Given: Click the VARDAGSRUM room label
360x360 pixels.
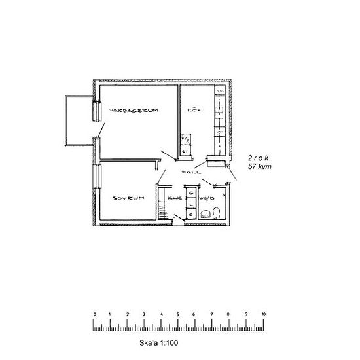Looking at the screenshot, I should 135,109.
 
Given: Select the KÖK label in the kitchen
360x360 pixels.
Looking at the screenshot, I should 195,110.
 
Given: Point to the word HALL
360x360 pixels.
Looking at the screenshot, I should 190,173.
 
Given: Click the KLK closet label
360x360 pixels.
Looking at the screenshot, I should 174,197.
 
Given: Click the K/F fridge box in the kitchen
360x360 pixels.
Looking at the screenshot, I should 185,140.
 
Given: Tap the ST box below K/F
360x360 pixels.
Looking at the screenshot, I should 185,151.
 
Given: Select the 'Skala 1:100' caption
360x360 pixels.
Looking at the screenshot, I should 159,342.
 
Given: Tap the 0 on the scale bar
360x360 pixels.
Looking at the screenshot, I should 95,314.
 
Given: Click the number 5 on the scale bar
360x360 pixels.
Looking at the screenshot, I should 179,314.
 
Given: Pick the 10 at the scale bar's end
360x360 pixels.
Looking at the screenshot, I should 263,314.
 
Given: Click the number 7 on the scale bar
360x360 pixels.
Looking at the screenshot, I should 212,314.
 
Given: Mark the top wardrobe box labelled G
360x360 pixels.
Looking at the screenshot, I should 190,193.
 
